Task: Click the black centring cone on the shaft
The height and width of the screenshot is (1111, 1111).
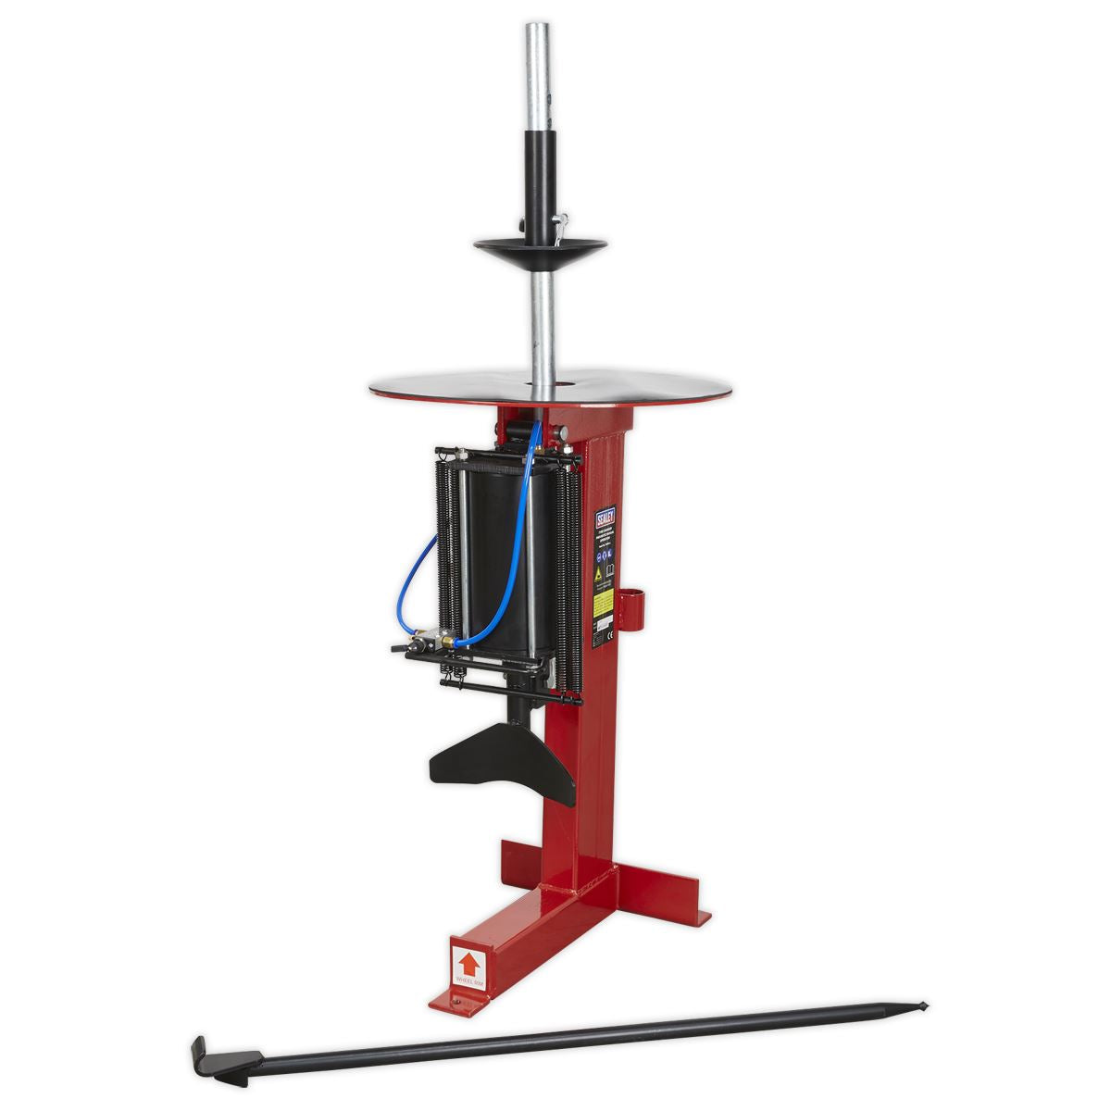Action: pos(527,244)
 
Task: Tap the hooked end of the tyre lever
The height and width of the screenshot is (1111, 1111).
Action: pos(204,1052)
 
